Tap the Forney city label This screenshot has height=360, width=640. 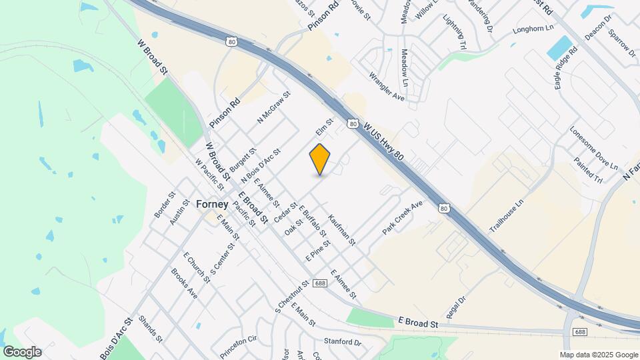[213, 205]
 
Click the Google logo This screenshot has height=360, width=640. [22, 352]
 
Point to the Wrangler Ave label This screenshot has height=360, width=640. [387, 87]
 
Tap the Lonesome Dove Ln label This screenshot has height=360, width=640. [594, 146]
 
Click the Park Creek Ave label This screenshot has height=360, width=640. [403, 217]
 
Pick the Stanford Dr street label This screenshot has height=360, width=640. [342, 342]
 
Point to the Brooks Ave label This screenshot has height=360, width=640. [184, 283]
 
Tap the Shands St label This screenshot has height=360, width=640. [150, 329]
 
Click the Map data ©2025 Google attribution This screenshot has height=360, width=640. [598, 355]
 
